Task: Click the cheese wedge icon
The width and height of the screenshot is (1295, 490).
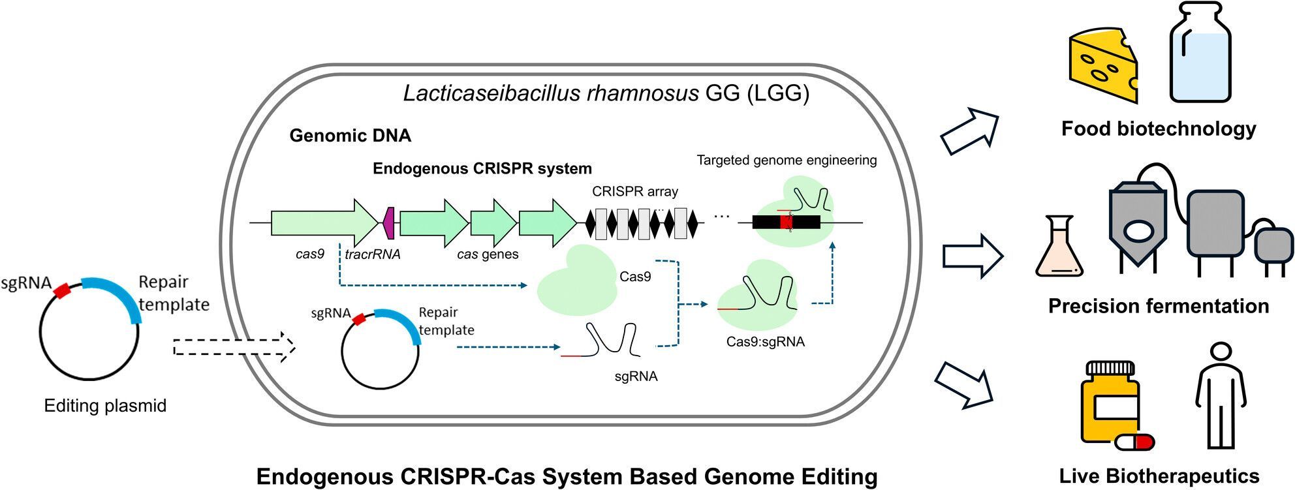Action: point(1103,65)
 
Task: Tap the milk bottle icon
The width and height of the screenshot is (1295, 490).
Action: point(1200,55)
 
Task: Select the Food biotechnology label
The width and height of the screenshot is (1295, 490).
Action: point(1159,129)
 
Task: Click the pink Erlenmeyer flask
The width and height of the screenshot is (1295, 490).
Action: point(1059,248)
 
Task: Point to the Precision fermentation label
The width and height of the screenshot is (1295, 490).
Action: point(1159,306)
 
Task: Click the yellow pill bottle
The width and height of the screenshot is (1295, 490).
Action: point(1110,401)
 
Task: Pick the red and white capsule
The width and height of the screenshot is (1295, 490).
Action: point(1134,442)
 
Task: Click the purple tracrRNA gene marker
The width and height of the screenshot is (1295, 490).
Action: point(389,223)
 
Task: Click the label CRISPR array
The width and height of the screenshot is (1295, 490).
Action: point(634,192)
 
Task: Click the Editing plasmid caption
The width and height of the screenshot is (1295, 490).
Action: point(105,406)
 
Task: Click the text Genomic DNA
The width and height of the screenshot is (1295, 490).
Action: point(350,136)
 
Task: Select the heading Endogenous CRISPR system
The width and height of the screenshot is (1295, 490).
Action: point(482,169)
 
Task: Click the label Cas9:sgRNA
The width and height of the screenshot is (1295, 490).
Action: point(765,342)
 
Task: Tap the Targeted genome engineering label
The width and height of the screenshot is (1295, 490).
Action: point(787,161)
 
